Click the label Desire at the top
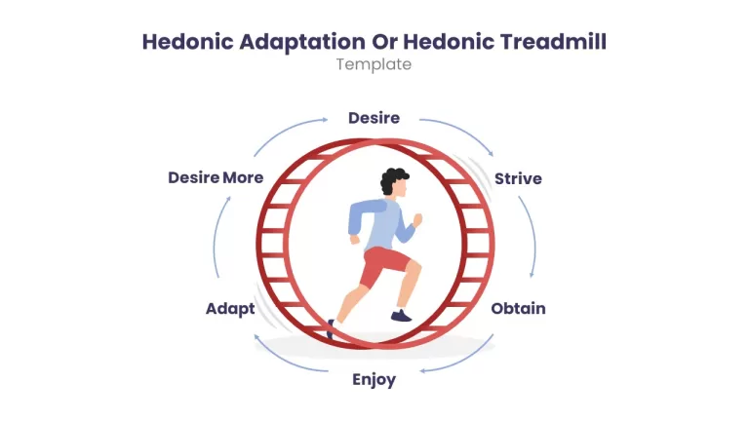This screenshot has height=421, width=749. (x=374, y=118)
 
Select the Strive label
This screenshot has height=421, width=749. (x=518, y=178)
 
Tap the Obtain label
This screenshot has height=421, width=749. (x=518, y=308)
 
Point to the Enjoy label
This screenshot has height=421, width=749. (x=374, y=380)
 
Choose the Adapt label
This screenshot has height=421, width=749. (x=230, y=309)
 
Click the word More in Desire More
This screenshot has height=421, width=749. (x=243, y=177)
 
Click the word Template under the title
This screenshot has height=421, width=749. (x=374, y=64)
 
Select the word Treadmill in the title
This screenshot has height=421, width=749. (x=553, y=42)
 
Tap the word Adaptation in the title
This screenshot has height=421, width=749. (x=302, y=42)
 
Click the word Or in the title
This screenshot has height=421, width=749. (x=384, y=42)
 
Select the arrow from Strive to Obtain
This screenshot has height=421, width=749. (x=532, y=236)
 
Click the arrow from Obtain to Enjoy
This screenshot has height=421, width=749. (x=461, y=359)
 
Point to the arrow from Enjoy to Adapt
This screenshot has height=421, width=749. (x=287, y=359)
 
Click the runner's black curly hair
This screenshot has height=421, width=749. (x=393, y=180)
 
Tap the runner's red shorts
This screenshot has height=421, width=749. (x=385, y=266)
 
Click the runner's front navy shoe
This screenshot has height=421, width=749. (x=401, y=316)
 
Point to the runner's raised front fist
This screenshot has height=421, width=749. (x=417, y=220)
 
